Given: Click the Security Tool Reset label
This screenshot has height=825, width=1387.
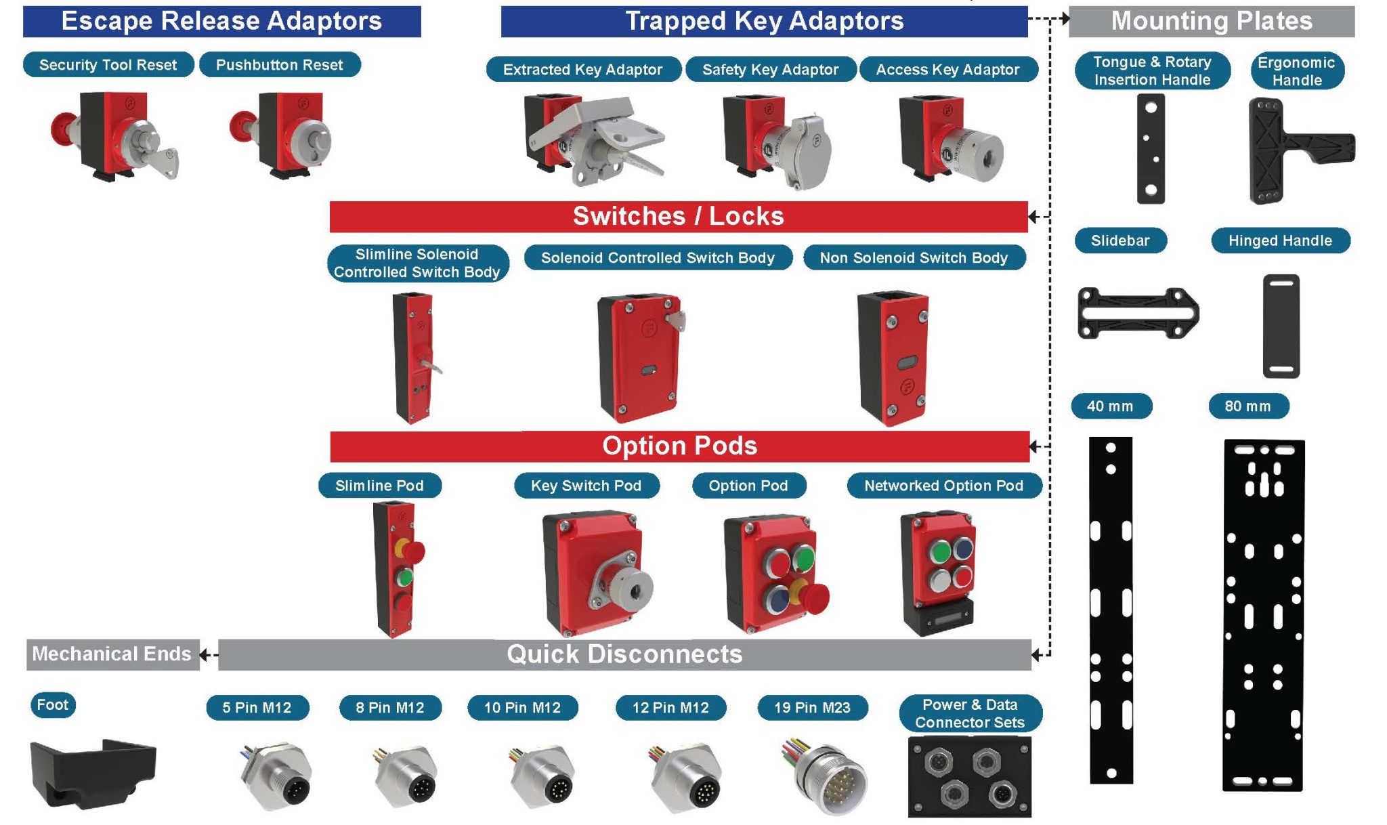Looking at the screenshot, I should [x=108, y=65].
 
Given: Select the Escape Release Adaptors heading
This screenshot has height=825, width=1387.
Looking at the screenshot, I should [x=221, y=21].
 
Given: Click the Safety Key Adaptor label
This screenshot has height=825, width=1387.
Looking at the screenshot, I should [x=770, y=70].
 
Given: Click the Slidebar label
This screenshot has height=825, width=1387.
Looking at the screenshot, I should [x=1120, y=240].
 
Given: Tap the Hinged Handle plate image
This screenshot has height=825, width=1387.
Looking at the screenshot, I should [x=1281, y=326].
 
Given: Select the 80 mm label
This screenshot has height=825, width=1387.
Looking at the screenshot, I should [x=1247, y=406].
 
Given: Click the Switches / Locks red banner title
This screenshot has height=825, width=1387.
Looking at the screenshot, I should [x=679, y=217].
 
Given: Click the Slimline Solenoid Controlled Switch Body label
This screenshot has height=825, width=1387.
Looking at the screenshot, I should [x=417, y=263].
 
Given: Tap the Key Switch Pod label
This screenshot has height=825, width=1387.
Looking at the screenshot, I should [x=586, y=486].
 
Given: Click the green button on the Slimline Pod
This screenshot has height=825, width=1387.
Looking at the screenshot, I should [x=404, y=578].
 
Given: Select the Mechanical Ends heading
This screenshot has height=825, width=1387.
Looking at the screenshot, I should [x=112, y=654].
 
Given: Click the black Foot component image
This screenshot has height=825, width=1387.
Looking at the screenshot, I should [x=93, y=773].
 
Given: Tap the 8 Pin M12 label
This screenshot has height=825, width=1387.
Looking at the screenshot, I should [x=390, y=708].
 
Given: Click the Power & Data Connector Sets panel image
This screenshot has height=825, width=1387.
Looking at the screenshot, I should [x=969, y=777].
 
